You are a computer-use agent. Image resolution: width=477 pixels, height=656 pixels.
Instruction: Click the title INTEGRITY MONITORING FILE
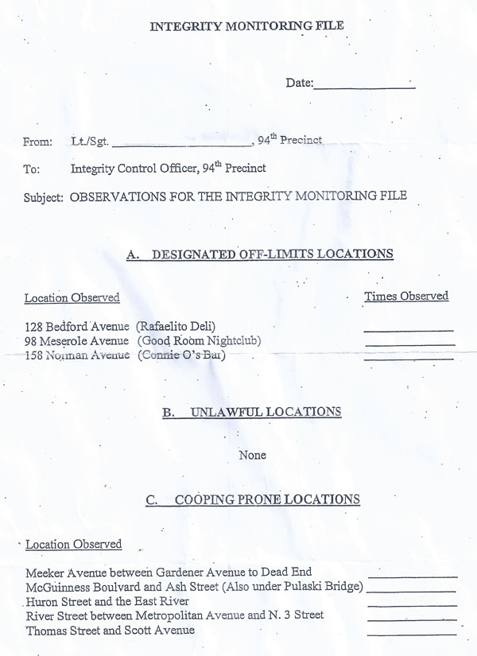coord(247,27)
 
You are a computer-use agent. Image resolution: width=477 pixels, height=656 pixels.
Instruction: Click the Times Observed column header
coord(406,297)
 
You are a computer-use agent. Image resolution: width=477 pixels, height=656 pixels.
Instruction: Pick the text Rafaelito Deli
coord(176,327)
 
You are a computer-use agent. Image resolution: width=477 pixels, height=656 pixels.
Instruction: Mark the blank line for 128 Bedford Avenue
coord(409,329)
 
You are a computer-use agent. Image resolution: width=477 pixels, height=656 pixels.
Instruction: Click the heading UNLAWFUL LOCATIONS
coord(266,412)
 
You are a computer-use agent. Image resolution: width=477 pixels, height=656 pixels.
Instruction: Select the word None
coord(252,456)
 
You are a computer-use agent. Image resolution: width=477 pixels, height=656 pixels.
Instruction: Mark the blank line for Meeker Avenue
coord(412,575)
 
